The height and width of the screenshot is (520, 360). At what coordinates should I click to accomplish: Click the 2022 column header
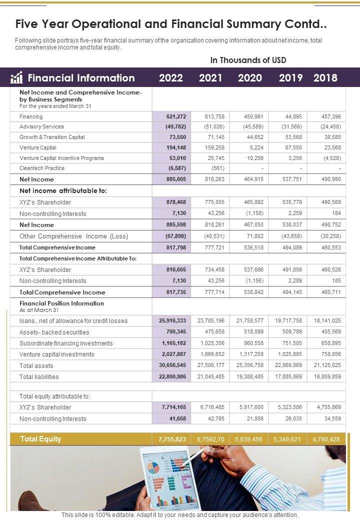(171, 78)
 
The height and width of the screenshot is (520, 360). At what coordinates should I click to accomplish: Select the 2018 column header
(325, 78)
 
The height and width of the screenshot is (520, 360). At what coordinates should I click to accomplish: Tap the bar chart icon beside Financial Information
(17, 77)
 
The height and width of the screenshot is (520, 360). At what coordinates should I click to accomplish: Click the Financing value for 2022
(176, 116)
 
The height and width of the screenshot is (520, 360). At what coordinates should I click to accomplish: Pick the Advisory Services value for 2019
(290, 126)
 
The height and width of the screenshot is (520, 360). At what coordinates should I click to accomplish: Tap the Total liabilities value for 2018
(327, 376)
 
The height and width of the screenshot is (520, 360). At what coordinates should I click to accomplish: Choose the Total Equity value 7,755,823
(172, 439)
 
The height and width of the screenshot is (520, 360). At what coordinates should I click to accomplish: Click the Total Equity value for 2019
(287, 439)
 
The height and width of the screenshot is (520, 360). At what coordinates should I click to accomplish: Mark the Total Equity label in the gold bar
(40, 439)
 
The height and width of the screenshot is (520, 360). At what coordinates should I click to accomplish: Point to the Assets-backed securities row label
(54, 332)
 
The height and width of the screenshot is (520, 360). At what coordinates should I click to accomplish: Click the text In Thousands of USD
(248, 60)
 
